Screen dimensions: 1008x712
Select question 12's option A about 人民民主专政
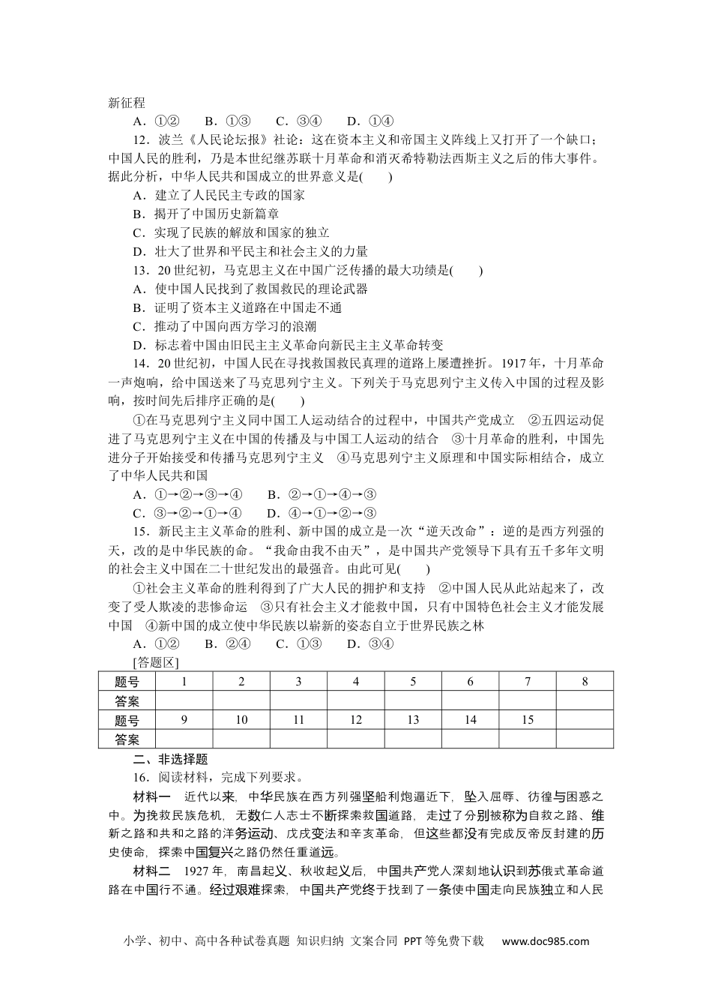[x=218, y=195]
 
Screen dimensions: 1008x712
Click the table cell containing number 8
[x=585, y=682]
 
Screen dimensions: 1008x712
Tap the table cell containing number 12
[x=356, y=720]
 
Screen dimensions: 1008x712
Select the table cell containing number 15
[x=528, y=720]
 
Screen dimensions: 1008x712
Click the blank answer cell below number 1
[x=184, y=701]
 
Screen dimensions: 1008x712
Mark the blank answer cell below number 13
[x=413, y=739]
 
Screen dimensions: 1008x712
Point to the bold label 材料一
[x=152, y=796]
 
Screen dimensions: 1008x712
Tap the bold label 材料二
[x=152, y=871]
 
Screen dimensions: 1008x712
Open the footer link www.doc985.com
[x=545, y=941]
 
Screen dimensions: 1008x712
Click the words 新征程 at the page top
[x=127, y=103]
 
